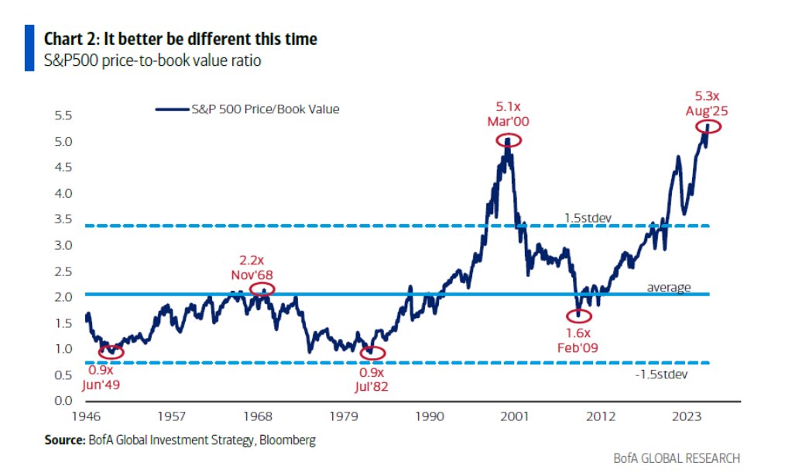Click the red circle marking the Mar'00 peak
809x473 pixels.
(x=509, y=140)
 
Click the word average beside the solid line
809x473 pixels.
(x=668, y=288)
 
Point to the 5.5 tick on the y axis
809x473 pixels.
(x=63, y=116)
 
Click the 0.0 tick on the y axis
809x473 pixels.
(x=63, y=401)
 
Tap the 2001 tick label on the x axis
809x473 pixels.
(x=515, y=416)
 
